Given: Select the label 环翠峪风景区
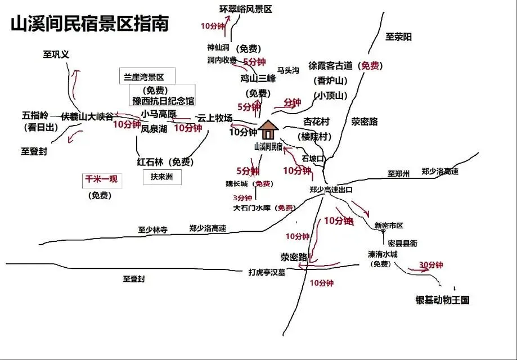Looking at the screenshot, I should click(245, 9).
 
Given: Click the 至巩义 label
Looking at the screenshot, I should click(56, 55).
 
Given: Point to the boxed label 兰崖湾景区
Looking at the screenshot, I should click(148, 76).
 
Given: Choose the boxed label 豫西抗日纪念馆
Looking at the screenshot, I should click(163, 101).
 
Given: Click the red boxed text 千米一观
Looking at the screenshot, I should click(101, 180).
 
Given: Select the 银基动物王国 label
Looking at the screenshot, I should click(442, 300).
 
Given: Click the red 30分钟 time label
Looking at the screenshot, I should click(431, 265).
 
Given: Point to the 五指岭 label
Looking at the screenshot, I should click(35, 115).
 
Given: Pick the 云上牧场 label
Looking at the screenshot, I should click(214, 118).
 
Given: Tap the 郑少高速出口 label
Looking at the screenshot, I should click(331, 190).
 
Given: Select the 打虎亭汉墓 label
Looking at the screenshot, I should click(267, 272).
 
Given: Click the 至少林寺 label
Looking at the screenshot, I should click(153, 229).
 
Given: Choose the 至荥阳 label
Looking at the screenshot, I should click(399, 37).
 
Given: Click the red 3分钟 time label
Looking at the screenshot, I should click(242, 198).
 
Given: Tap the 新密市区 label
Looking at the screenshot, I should click(389, 225).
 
